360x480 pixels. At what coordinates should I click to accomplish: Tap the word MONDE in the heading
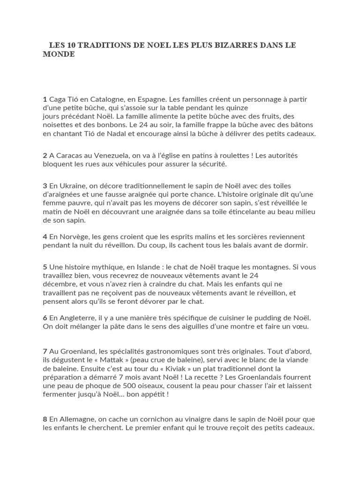point(59,54)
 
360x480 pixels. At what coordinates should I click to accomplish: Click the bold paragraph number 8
point(45,419)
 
